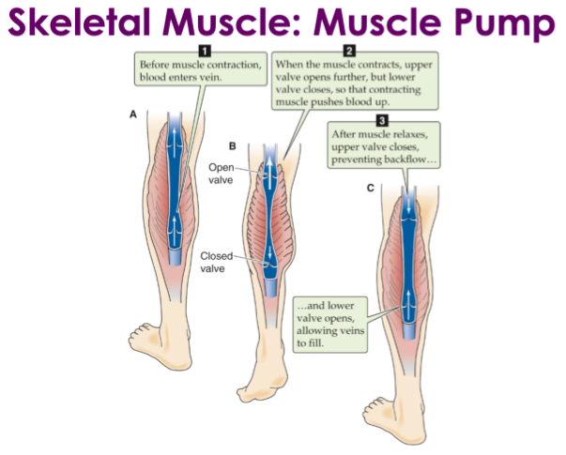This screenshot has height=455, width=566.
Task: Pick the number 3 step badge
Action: pos(381,119)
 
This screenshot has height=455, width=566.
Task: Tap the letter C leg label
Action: pos(370,189)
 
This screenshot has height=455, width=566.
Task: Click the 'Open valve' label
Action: pos(221,174)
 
